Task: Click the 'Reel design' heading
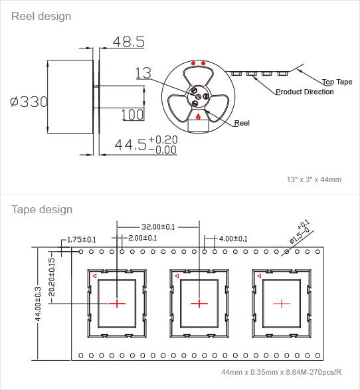tap(41, 17)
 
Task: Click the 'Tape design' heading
tap(42, 209)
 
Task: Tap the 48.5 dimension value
tap(129, 42)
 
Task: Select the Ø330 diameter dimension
tap(29, 102)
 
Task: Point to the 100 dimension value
tap(133, 115)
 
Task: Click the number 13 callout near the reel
tap(143, 73)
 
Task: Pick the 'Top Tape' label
tap(337, 82)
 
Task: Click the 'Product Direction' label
tap(305, 92)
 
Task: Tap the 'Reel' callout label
tap(242, 123)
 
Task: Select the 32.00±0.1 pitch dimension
tap(158, 227)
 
